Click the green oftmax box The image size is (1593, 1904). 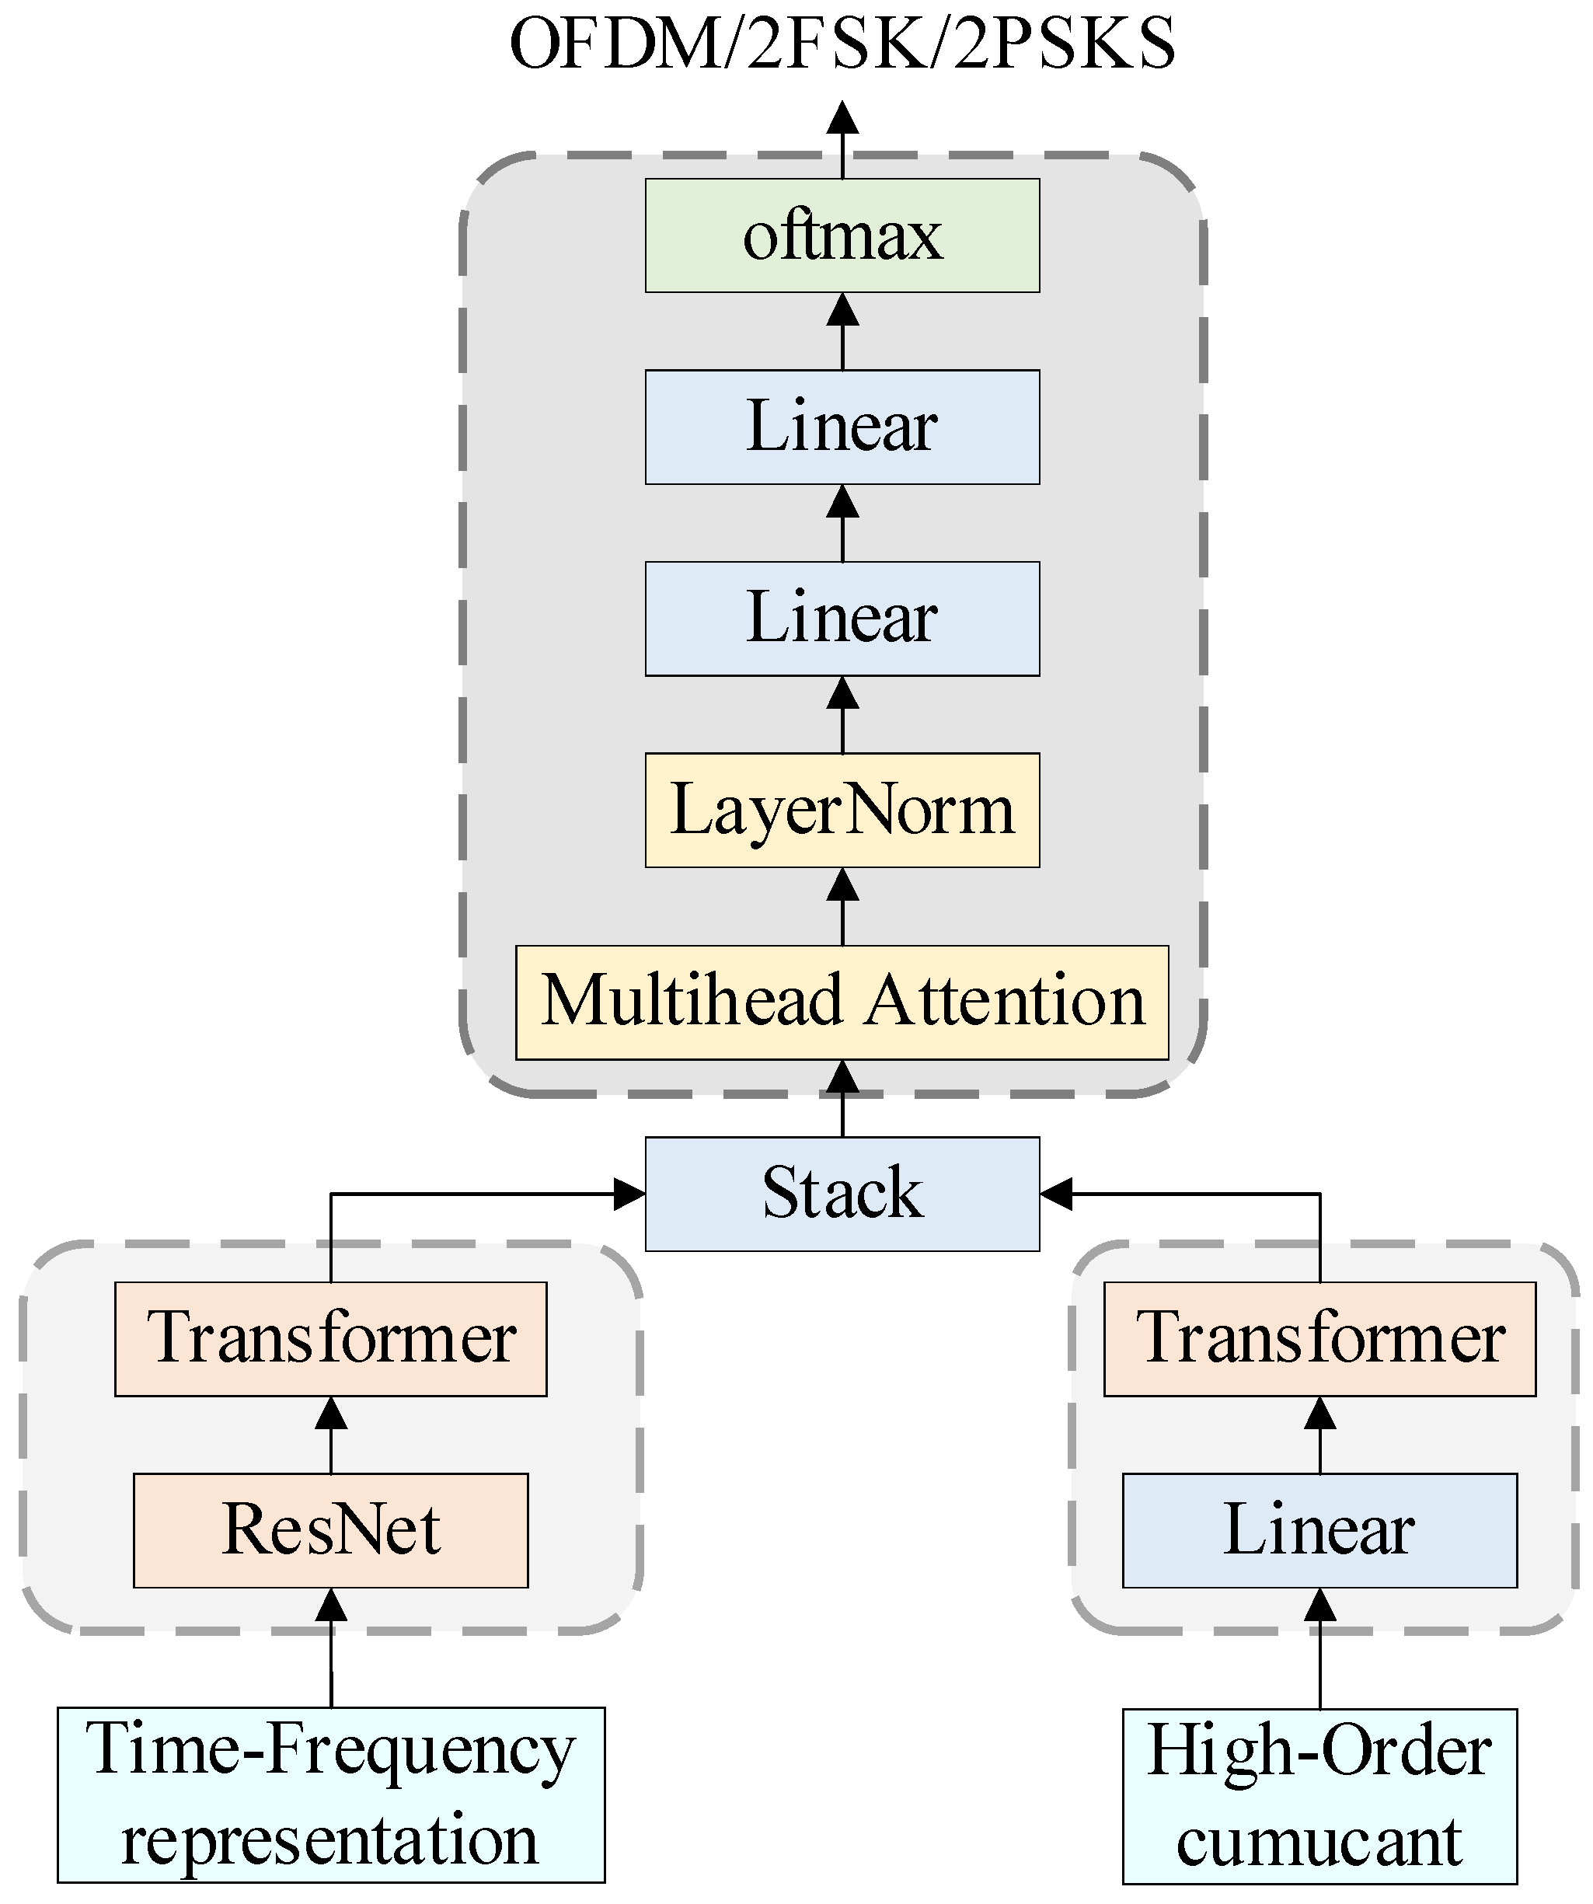point(842,235)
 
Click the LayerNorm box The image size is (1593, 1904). point(842,810)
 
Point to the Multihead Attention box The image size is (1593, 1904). point(842,1002)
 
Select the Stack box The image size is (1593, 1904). point(842,1193)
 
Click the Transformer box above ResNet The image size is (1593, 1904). point(330,1338)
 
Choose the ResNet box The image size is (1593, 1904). point(330,1529)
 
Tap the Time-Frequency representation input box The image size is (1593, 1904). point(330,1794)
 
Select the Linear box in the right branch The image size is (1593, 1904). point(1319,1529)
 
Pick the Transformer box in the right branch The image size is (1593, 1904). point(1319,1338)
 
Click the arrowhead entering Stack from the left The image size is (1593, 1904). point(629,1194)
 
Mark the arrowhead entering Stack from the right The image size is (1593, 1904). point(1056,1194)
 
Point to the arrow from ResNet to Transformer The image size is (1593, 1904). point(330,1435)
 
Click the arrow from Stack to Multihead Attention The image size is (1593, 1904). point(842,1099)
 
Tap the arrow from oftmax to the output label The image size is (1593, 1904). point(842,141)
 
